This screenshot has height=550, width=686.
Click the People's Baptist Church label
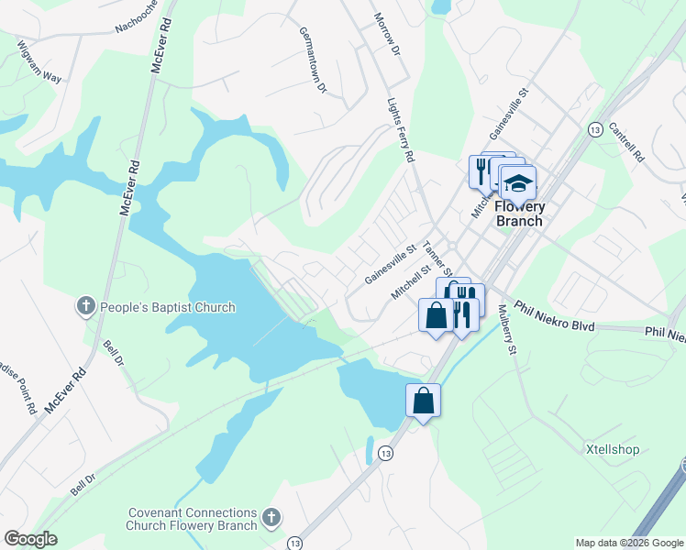(167, 307)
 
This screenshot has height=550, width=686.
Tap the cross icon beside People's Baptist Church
(85, 307)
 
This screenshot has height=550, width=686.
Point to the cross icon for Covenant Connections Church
(271, 519)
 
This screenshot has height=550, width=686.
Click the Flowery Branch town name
(519, 214)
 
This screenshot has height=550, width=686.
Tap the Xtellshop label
(612, 449)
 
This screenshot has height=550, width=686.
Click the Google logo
(30, 539)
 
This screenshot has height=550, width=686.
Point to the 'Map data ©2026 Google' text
(628, 543)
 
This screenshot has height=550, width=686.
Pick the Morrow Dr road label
(389, 33)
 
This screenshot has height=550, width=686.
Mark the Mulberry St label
(507, 331)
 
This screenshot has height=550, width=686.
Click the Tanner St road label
(437, 258)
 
